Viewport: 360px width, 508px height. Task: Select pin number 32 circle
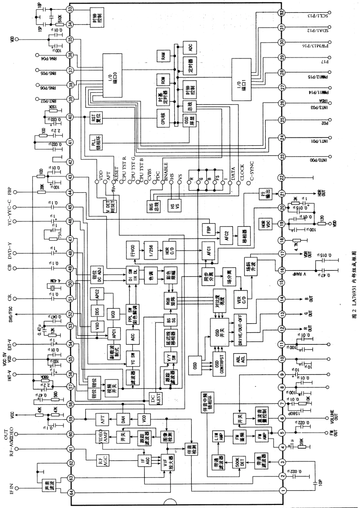coord(282,12)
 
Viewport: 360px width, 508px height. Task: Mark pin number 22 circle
coord(282,177)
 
